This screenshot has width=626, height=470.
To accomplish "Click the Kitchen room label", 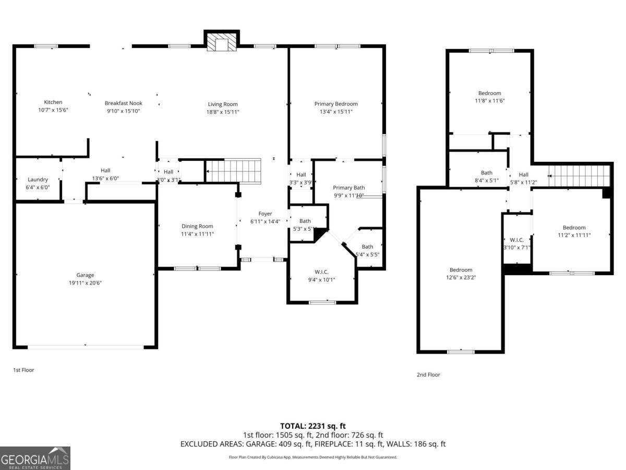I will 53,102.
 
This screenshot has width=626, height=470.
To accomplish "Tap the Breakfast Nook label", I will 123,103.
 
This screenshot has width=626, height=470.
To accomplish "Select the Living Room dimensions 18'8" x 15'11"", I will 223,112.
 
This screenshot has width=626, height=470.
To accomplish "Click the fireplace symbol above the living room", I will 221,42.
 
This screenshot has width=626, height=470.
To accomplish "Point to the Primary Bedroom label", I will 335,104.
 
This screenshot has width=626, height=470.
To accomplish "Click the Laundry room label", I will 38,180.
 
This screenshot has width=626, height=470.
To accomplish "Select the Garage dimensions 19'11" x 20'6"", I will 85,283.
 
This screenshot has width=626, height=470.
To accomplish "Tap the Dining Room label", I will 197,226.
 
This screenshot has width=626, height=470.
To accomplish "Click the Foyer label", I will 265,214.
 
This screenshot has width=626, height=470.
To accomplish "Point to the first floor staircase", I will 233,171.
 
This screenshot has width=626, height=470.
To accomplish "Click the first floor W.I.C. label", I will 322,272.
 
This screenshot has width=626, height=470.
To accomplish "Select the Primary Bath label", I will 349,187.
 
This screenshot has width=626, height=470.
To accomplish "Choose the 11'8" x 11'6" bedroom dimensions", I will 489,101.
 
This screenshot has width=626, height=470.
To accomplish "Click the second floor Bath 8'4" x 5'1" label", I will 486,173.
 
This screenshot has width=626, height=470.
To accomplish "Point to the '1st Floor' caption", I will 23,370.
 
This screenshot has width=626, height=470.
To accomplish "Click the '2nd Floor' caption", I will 428,374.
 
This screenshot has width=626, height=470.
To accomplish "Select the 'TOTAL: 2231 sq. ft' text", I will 312,426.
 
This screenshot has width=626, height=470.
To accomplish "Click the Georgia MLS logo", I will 35,458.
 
